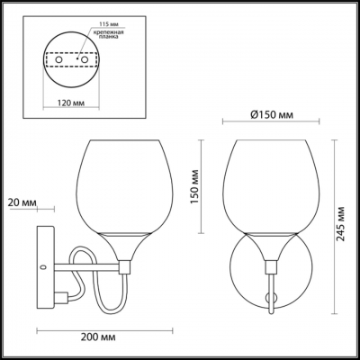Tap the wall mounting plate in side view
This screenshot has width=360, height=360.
(x=41, y=267)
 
